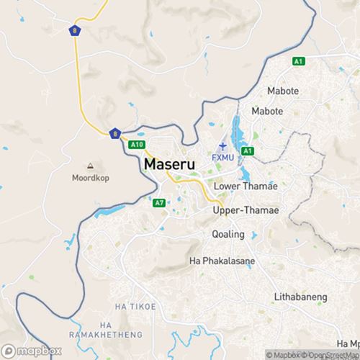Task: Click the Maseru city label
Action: point(174,164)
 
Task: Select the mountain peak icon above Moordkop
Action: point(91,165)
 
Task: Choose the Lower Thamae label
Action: point(246,186)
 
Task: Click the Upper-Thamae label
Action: point(246,210)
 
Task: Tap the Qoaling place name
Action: point(228,234)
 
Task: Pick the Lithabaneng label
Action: point(301,296)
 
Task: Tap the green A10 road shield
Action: point(135,145)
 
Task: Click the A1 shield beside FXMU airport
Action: point(248,150)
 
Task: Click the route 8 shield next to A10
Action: point(114,132)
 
